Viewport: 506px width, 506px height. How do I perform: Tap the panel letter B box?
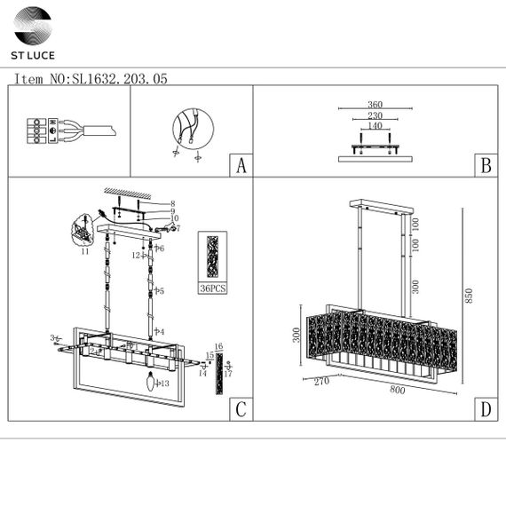pyautogui.click(x=485, y=166)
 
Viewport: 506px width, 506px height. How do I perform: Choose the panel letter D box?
pyautogui.click(x=485, y=409)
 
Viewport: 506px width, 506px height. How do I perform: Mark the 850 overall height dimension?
pyautogui.click(x=470, y=296)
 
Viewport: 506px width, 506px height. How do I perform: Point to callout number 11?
pyautogui.click(x=85, y=253)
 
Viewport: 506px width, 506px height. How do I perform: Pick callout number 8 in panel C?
pyautogui.click(x=173, y=203)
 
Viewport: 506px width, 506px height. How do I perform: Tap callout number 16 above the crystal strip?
pyautogui.click(x=218, y=346)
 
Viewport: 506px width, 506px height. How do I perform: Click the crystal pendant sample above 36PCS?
pyautogui.click(x=213, y=257)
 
